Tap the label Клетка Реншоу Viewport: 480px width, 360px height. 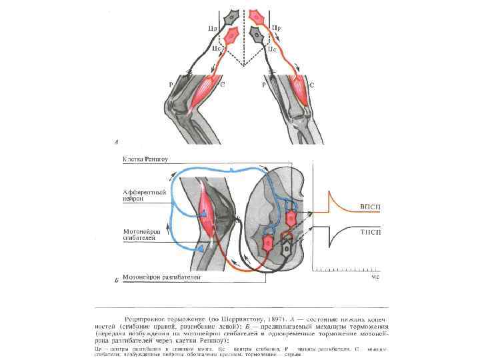pos(145,160)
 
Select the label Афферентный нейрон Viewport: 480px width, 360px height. pos(142,194)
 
